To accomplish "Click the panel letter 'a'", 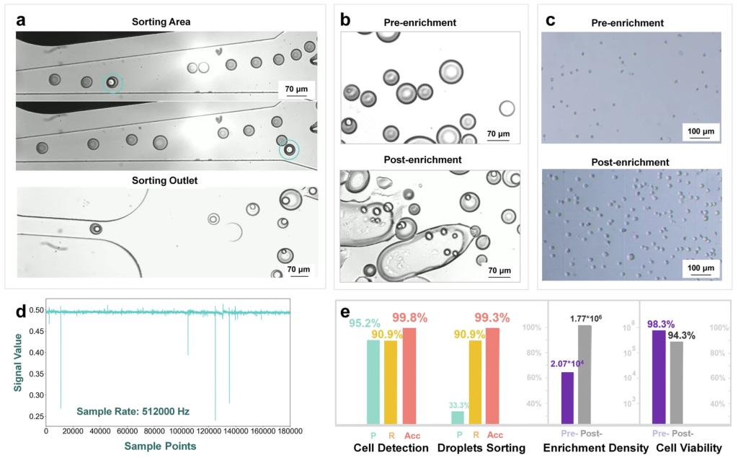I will [22, 20].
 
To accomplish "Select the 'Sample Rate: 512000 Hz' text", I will [133, 411].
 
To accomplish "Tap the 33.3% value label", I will [457, 405].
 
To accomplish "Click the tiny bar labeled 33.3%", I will [458, 418].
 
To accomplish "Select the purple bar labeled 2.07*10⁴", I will [567, 397].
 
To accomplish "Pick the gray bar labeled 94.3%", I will [676, 382].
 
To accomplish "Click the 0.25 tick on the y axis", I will [33, 417].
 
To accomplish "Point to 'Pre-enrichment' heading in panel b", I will [430, 22].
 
